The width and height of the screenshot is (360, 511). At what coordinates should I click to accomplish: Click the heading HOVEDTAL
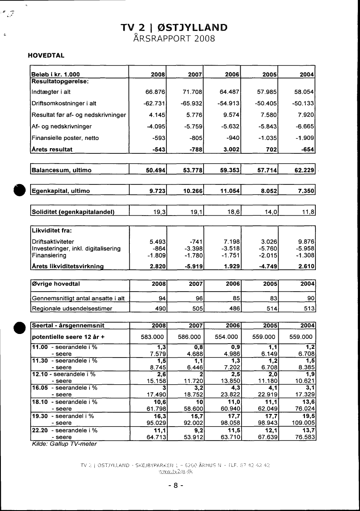point(46,56)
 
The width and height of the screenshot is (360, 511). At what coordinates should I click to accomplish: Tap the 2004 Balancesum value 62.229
point(305,170)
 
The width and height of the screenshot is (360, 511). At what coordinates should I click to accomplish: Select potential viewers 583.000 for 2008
point(152,337)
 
